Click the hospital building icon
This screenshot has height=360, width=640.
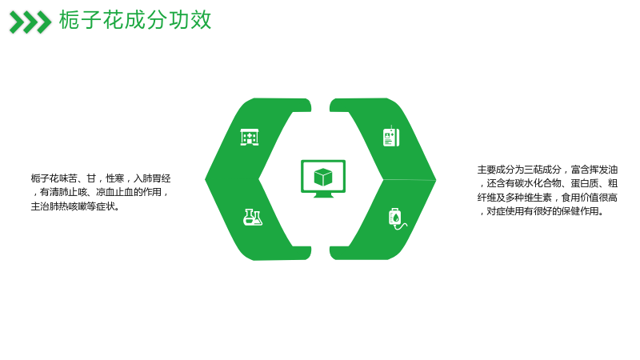pyautogui.click(x=250, y=137)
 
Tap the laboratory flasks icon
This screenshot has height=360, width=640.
pyautogui.click(x=253, y=217)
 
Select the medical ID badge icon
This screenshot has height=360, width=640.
pyautogui.click(x=391, y=136)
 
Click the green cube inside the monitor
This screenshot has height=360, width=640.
pyautogui.click(x=323, y=177)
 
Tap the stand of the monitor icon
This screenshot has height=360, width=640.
pyautogui.click(x=323, y=195)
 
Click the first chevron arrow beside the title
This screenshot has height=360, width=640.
pyautogui.click(x=17, y=22)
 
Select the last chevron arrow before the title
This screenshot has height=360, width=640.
pyautogui.click(x=44, y=22)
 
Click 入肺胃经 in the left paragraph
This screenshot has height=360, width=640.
pyautogui.click(x=152, y=178)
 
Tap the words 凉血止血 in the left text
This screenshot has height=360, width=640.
pyautogui.click(x=114, y=192)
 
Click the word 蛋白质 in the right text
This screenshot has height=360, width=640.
pyautogui.click(x=585, y=184)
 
